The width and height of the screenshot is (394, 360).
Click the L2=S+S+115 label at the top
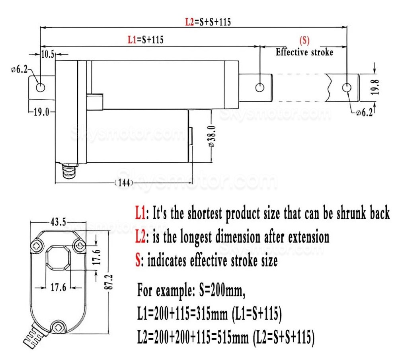pos(208,22)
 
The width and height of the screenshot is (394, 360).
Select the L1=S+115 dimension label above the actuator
pos(146,39)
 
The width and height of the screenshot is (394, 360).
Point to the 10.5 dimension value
pos(48,54)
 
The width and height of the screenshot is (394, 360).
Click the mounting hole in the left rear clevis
pos(40,87)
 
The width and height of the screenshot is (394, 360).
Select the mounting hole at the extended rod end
pos(346,87)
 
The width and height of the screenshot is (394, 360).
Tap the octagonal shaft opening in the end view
pos(58,258)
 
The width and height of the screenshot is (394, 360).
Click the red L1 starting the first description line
pos(139,214)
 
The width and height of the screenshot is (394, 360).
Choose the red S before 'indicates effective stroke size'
pos(138,261)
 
